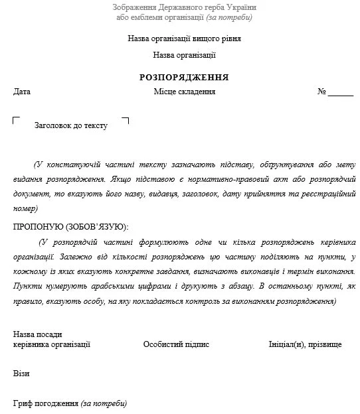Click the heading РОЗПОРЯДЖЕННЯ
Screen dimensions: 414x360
pyautogui.click(x=184, y=77)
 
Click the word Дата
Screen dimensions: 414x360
pyautogui.click(x=22, y=92)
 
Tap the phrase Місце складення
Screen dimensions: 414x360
pyautogui.click(x=185, y=92)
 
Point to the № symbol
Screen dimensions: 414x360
pyautogui.click(x=321, y=92)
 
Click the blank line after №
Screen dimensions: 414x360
pyautogui.click(x=341, y=94)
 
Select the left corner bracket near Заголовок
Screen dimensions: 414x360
pyautogui.click(x=17, y=121)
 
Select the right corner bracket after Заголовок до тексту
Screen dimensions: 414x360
pyautogui.click(x=126, y=121)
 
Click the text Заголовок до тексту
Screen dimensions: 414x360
pyautogui.click(x=70, y=125)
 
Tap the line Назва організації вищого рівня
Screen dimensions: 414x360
pyautogui.click(x=185, y=38)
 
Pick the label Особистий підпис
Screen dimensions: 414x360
pyautogui.click(x=176, y=344)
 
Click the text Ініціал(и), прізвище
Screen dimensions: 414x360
pyautogui.click(x=305, y=344)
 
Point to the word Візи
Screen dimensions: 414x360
pyautogui.click(x=21, y=374)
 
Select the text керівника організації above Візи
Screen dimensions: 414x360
pyautogui.click(x=52, y=344)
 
